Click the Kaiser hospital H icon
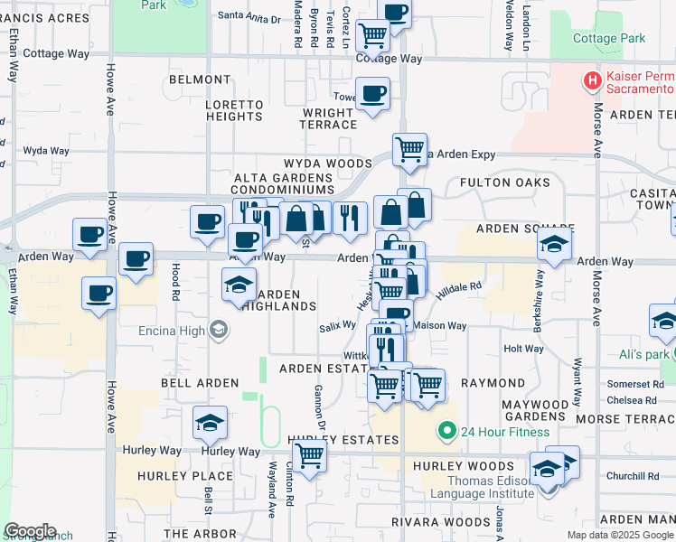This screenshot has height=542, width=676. click(x=593, y=81)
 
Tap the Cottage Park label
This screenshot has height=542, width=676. click(x=609, y=38)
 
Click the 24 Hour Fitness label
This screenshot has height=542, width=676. click(x=504, y=432)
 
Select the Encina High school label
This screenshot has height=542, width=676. click(x=170, y=330)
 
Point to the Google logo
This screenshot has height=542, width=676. click(x=30, y=531)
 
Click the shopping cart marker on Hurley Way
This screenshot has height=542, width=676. click(x=309, y=456)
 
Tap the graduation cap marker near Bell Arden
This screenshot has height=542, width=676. click(x=210, y=422)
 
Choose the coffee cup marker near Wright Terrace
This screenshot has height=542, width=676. click(x=372, y=93)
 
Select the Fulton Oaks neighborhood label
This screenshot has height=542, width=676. click(x=504, y=182)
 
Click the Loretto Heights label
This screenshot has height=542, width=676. click(x=234, y=110)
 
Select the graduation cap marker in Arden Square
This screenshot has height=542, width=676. click(x=554, y=243)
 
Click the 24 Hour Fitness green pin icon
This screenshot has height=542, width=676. click(x=446, y=432)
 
